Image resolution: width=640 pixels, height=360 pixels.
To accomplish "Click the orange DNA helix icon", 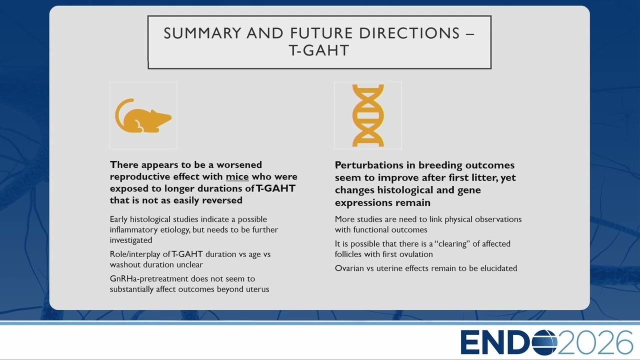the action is tap(368, 115).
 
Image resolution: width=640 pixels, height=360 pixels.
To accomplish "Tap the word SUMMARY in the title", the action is tap(202, 33).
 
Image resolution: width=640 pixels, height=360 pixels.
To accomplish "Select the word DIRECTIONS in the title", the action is tap(409, 33).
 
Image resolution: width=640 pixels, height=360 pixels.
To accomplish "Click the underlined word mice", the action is tap(237, 176).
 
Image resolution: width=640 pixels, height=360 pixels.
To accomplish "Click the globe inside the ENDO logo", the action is tap(544, 342).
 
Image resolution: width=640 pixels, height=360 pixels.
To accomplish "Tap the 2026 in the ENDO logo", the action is tap(595, 342).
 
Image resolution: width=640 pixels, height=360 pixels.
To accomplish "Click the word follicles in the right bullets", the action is tap(347, 254).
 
